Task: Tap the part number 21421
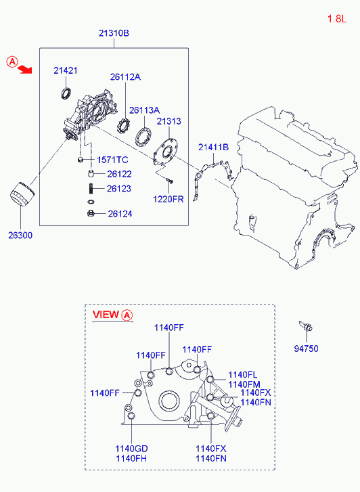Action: pos(66,70)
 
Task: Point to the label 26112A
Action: pos(125,76)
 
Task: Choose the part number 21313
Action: pos(168,121)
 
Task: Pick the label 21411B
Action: pos(213,147)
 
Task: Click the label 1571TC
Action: pos(112,160)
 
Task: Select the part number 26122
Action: pos(119,174)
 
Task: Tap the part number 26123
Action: pos(119,189)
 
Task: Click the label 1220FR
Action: pos(167,200)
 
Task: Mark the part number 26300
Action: pos(20,236)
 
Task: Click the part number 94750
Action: pos(306,349)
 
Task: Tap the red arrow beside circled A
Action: pos(26,68)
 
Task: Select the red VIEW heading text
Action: pos(105,315)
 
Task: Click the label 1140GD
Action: pos(130,448)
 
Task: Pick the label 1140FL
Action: pos(242,375)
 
